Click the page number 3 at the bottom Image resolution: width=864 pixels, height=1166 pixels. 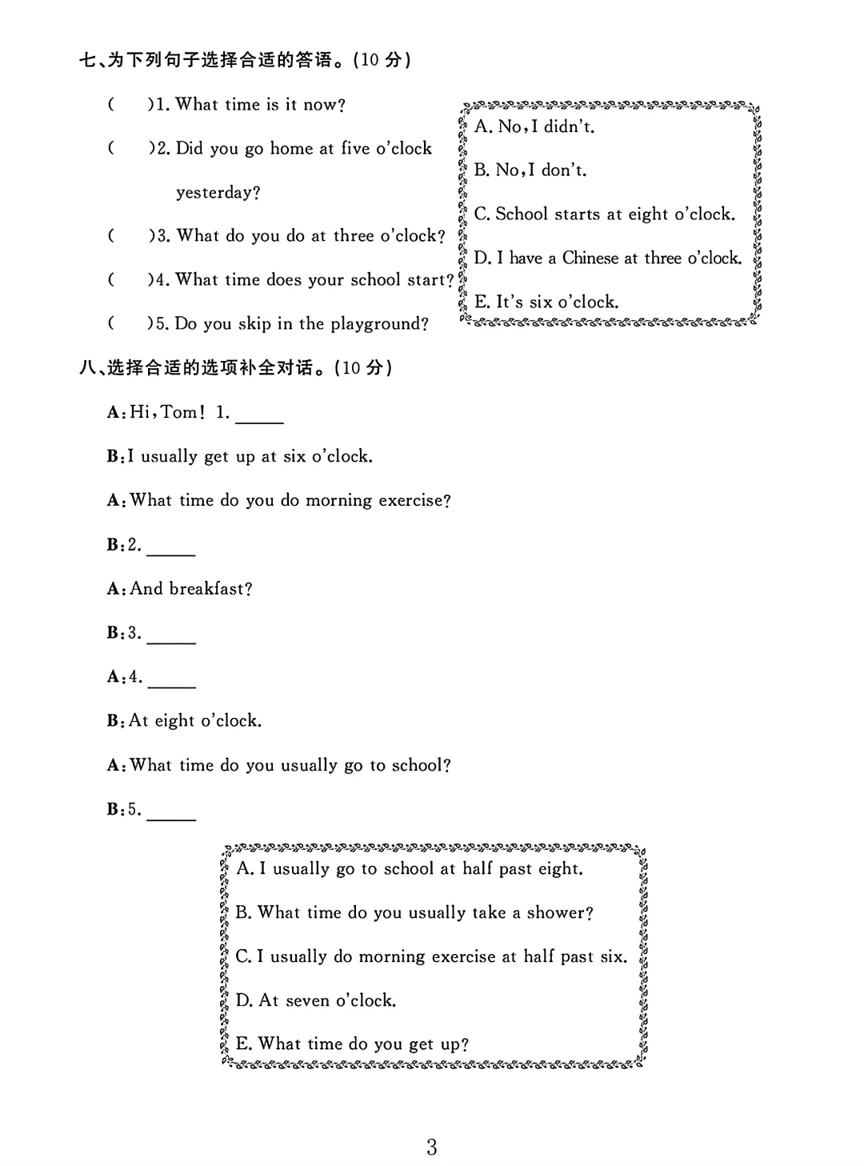[432, 1148]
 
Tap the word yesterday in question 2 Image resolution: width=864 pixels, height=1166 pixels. [218, 193]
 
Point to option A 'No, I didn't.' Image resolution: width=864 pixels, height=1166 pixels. [534, 126]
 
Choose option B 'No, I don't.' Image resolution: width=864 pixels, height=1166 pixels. [530, 170]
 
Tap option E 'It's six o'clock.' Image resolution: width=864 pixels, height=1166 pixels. [546, 302]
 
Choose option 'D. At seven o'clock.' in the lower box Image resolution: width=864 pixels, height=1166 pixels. [316, 1000]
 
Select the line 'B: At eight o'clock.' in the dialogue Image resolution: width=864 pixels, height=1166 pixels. [185, 721]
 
